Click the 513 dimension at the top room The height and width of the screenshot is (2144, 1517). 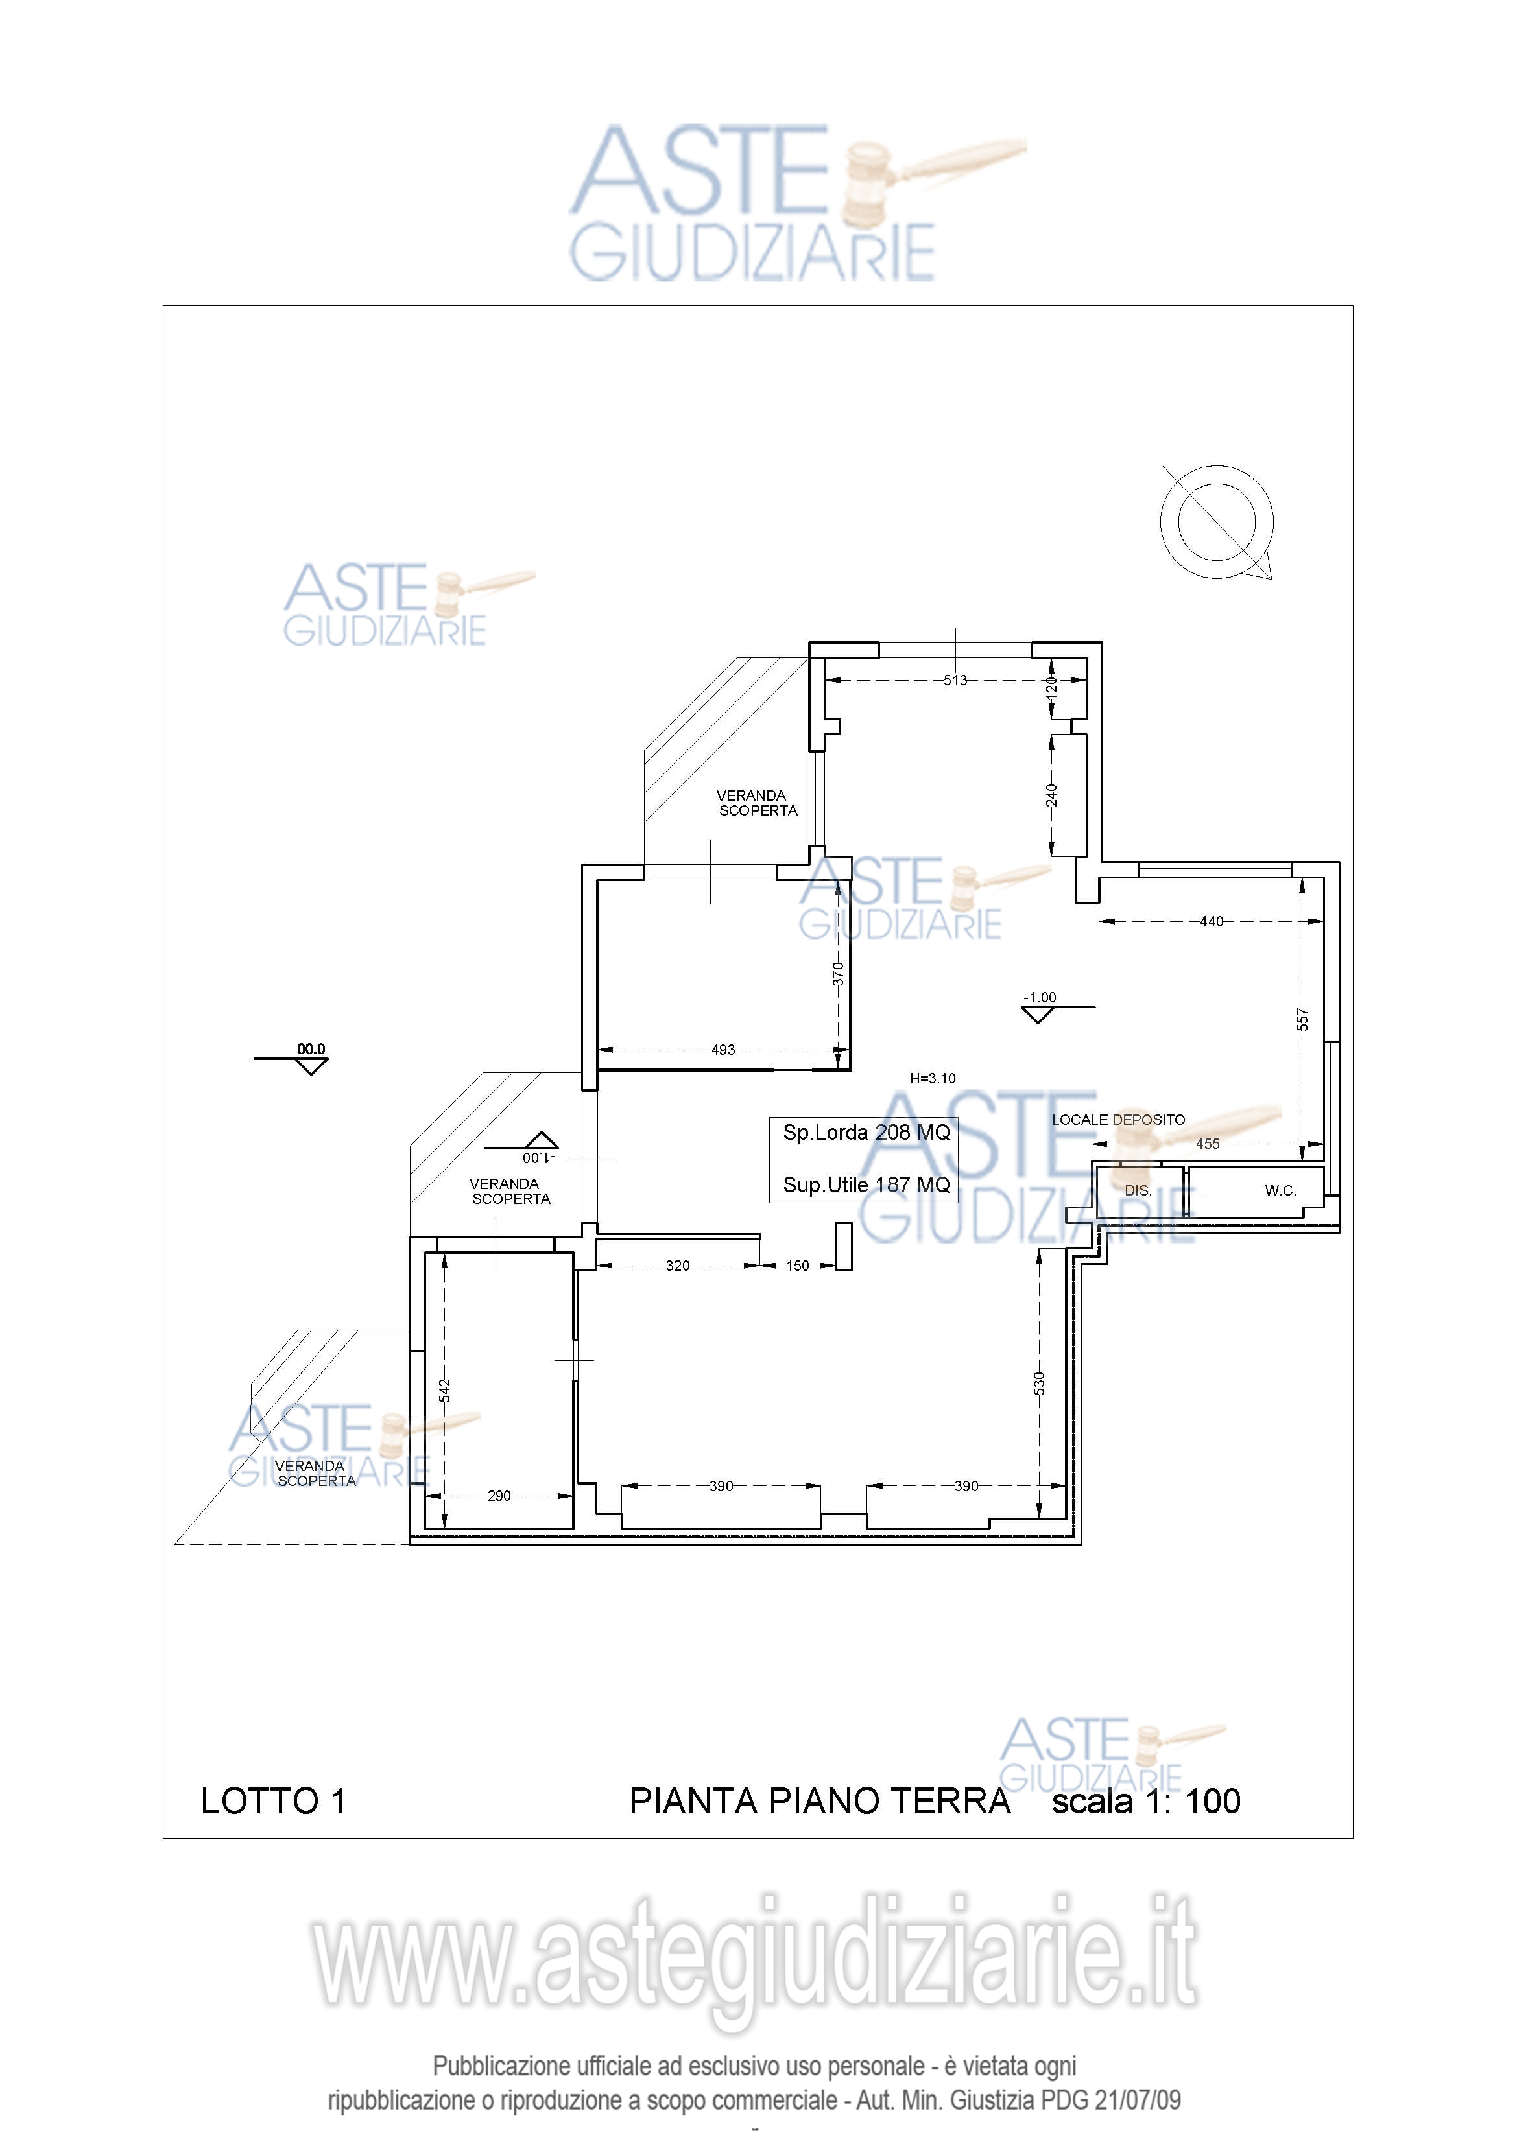point(955,680)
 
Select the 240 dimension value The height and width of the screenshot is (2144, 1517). point(1052,795)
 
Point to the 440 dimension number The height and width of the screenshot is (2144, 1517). point(1212,922)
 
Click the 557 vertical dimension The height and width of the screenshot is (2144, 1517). point(1303,1020)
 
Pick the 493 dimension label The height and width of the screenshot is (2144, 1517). point(723,1050)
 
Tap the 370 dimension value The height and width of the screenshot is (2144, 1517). point(838,974)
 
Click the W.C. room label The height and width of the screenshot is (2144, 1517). point(1281,1190)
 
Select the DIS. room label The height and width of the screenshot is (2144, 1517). point(1138,1190)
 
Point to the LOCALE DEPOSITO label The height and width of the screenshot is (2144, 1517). point(1118,1120)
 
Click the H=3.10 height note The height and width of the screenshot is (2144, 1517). point(932,1079)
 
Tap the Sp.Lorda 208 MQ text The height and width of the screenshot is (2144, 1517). point(866,1133)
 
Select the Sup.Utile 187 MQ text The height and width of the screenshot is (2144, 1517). point(866,1185)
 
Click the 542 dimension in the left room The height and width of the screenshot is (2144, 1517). point(445,1391)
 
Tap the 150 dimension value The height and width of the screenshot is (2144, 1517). point(798,1266)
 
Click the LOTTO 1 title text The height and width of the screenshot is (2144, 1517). point(273,1801)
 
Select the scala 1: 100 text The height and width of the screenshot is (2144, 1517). point(1146,1801)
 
